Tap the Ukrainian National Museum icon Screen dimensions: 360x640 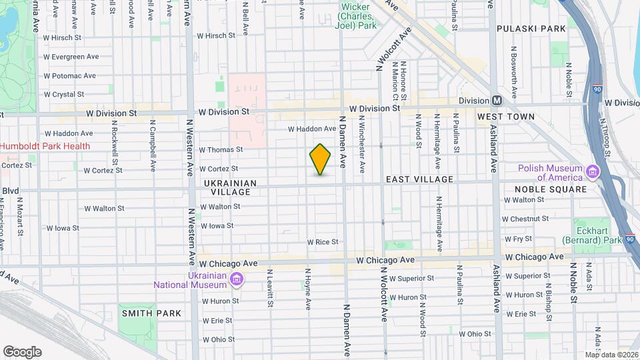[235, 278]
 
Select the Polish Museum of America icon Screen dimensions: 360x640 [591, 173]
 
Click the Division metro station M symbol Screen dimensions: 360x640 [497, 101]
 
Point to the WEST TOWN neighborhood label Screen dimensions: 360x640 [505, 117]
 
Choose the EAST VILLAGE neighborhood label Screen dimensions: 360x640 [420, 179]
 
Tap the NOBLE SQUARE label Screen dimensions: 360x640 [550, 189]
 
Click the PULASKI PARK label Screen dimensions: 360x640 [531, 29]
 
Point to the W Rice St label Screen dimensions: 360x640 [323, 242]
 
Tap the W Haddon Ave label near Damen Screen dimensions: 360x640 [311, 129]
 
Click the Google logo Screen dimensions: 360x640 [22, 351]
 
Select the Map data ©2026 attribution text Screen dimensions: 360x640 [611, 354]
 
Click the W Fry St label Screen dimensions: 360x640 [518, 238]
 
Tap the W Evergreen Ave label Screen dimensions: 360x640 [71, 57]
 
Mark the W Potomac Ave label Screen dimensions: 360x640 [70, 76]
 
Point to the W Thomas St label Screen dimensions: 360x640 [221, 150]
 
